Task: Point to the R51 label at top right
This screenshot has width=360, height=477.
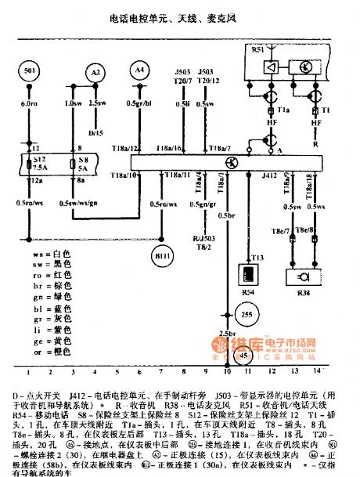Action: [258, 49]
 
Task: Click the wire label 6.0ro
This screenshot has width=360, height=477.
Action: [30, 103]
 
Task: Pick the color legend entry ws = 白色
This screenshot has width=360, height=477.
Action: [52, 255]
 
